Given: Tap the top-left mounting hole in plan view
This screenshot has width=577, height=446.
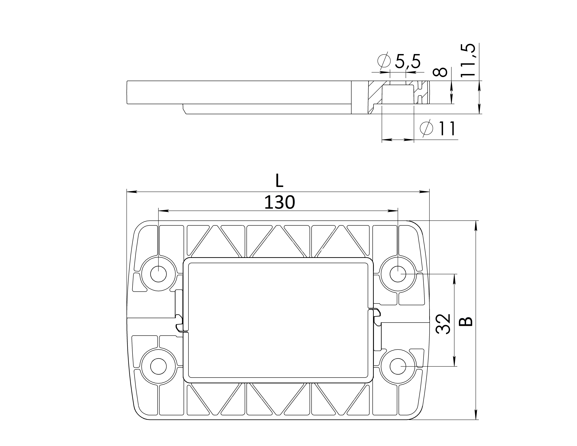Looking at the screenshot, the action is (159, 274).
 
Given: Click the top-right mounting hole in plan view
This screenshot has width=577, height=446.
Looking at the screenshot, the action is (398, 274).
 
